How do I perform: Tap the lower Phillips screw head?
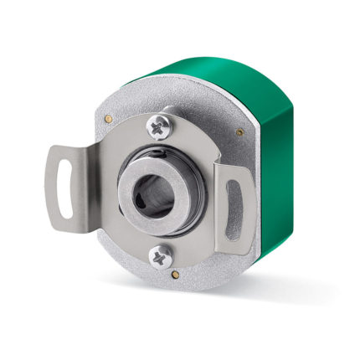(160, 257)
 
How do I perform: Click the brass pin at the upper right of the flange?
(240, 132)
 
